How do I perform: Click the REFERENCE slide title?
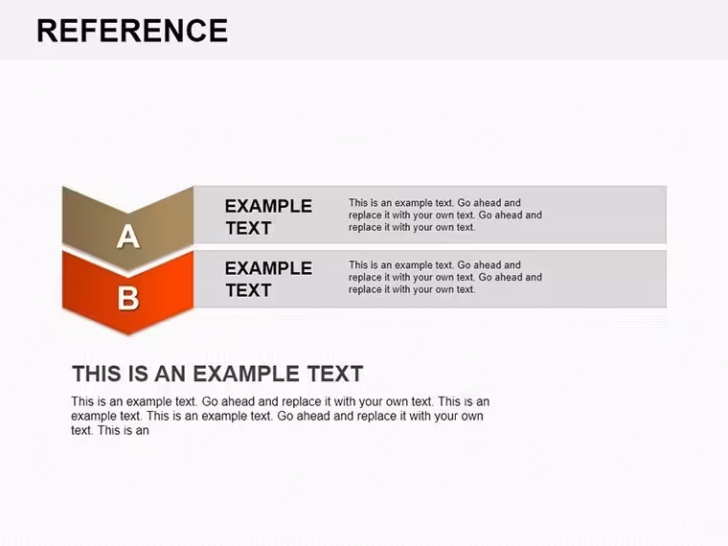(132, 31)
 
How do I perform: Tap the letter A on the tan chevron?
(128, 237)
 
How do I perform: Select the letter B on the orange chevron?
(128, 298)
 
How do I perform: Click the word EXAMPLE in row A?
(268, 206)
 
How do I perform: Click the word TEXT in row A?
(248, 228)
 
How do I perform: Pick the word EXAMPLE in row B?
(268, 268)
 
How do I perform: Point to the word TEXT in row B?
(248, 290)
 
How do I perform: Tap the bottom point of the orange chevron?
(128, 334)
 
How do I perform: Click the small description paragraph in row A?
(445, 215)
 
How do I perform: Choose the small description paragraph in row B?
(445, 277)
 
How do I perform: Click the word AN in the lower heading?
(170, 374)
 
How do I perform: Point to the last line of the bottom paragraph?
(110, 430)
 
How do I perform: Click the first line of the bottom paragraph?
(280, 401)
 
